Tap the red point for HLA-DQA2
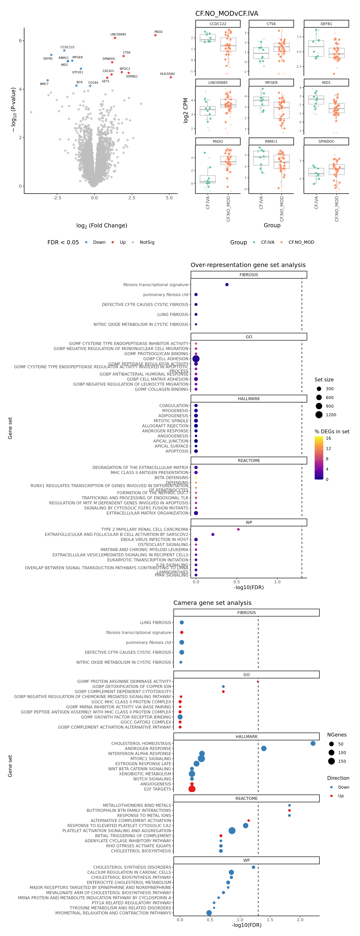[171, 77]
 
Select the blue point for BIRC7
[48, 80]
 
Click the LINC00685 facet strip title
[218, 82]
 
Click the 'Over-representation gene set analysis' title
[248, 265]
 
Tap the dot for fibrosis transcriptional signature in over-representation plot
[227, 284]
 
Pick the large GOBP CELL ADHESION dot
[196, 359]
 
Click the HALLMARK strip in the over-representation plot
[249, 399]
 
